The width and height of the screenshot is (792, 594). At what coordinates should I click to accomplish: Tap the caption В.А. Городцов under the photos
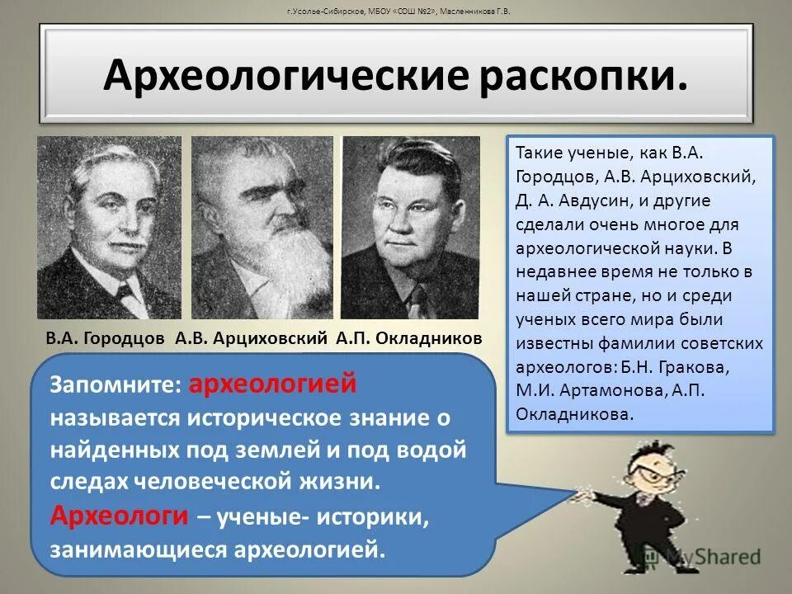click(x=105, y=339)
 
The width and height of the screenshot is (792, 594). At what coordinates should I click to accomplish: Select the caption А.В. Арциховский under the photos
click(x=252, y=339)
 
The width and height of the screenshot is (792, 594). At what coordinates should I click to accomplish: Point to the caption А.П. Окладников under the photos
click(x=409, y=339)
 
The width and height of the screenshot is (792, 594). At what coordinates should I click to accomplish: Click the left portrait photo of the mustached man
click(x=108, y=227)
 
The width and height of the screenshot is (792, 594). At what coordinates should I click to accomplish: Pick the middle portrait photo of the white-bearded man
click(x=262, y=227)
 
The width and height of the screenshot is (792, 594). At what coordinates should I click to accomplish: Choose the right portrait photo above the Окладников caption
click(x=410, y=227)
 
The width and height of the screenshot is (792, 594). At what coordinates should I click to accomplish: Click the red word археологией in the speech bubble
click(x=273, y=384)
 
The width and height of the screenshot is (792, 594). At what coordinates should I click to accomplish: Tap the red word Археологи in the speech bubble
click(x=120, y=515)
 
